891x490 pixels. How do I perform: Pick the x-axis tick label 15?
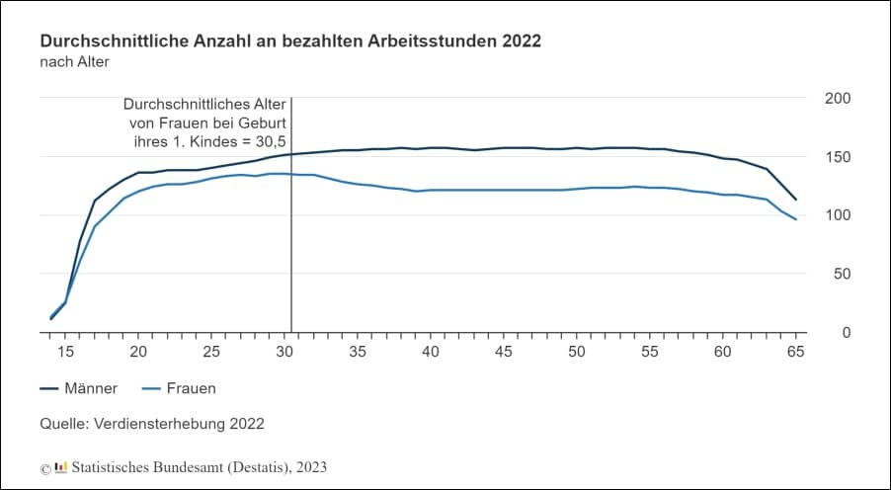click(x=65, y=352)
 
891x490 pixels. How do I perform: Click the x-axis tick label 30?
click(x=284, y=352)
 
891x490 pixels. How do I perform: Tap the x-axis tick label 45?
click(x=503, y=352)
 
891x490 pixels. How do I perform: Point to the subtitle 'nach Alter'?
click(x=73, y=62)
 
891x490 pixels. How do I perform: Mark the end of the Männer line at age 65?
click(x=795, y=200)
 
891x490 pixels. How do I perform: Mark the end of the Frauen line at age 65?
click(x=795, y=219)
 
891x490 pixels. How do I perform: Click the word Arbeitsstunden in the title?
click(x=435, y=42)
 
